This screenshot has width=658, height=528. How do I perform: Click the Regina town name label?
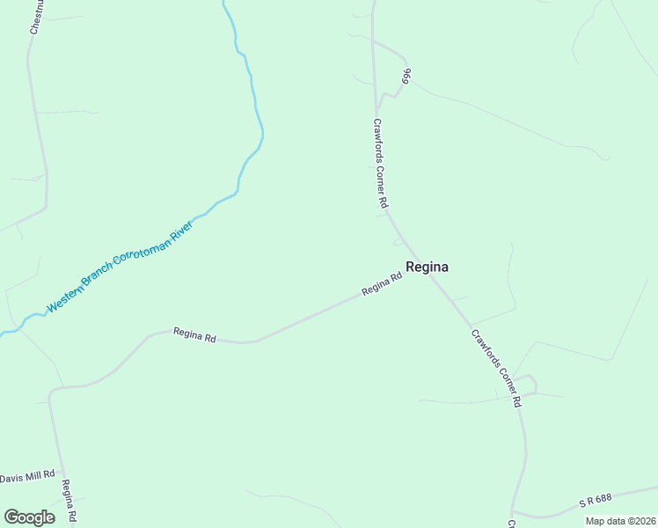point(428,268)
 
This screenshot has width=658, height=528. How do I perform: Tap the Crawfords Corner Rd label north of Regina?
point(380,164)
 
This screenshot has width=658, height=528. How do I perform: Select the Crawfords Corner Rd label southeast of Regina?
point(497,368)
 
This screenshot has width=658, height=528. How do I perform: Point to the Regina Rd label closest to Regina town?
point(382,284)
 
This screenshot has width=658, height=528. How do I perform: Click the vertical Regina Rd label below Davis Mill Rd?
point(69,502)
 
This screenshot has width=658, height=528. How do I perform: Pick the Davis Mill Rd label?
point(27,477)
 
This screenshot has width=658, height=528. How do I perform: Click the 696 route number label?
point(406,77)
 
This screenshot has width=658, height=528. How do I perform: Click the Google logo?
point(29,517)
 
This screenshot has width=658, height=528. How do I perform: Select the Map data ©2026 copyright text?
point(620,521)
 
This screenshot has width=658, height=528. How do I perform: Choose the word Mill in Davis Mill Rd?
point(34,477)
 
